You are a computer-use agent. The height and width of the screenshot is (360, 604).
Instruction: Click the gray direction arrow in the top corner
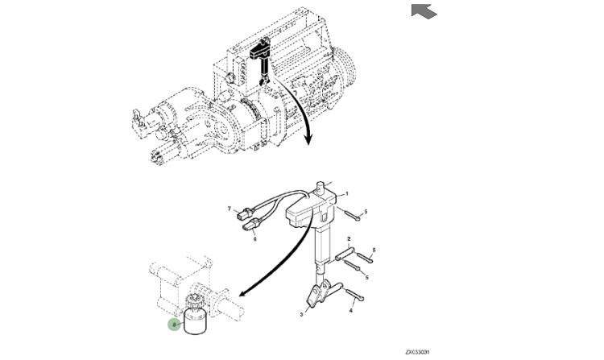pyautogui.click(x=424, y=10)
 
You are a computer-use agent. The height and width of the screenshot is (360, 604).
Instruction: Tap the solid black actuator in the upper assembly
pyautogui.click(x=260, y=54)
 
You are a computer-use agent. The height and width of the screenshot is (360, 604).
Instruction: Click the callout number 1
pyautogui.click(x=347, y=194)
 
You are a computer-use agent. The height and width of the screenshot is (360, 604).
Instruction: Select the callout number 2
pyautogui.click(x=349, y=239)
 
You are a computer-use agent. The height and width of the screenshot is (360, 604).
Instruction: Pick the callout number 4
pyautogui.click(x=350, y=308)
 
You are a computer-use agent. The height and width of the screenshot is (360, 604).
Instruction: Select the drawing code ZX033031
pyautogui.click(x=417, y=352)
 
